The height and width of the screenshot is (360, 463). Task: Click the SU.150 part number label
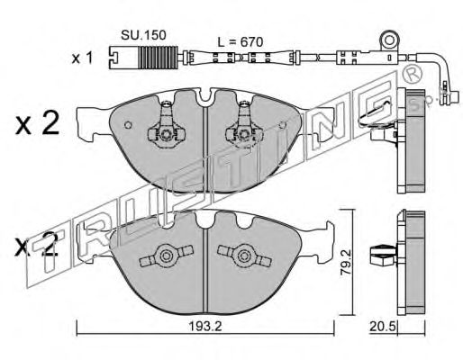click(x=143, y=35)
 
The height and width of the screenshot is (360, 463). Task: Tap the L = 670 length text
click(x=241, y=42)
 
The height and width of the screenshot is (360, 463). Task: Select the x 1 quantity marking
click(x=82, y=58)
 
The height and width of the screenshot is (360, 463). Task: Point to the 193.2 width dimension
click(x=205, y=326)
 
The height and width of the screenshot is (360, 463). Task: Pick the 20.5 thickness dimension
click(x=384, y=327)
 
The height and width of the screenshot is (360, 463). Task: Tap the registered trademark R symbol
click(x=412, y=74)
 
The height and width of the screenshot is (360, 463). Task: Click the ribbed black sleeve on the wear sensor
click(x=158, y=57)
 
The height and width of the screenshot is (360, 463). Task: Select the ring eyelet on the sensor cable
click(x=390, y=40)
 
